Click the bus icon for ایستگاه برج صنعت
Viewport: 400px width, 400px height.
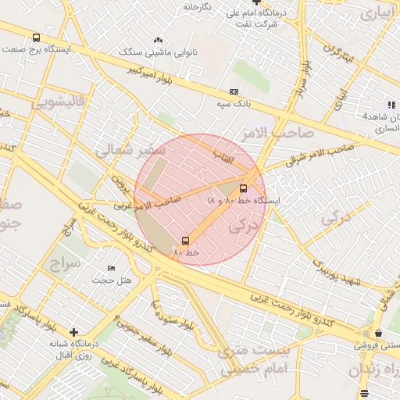tap(37, 38)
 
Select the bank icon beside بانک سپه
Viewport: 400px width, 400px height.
tap(233, 91)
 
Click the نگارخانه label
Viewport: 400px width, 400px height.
tap(198, 7)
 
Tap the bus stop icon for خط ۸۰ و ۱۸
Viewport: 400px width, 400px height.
tap(243, 188)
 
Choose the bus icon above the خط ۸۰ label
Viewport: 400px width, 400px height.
tap(185, 241)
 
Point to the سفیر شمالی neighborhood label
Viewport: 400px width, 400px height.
tap(124, 149)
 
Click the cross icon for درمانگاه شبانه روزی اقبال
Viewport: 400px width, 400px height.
tap(73, 331)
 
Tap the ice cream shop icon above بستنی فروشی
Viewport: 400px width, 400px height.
tap(377, 334)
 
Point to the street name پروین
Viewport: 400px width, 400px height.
tap(118, 185)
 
